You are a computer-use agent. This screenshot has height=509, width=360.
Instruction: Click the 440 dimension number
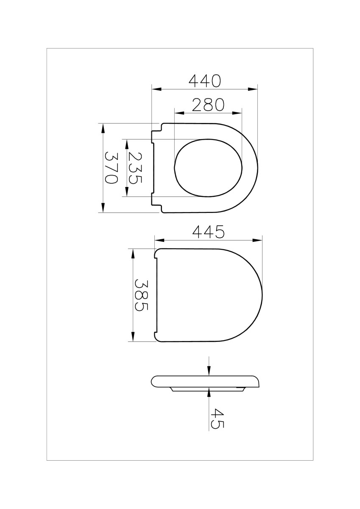[x=205, y=81]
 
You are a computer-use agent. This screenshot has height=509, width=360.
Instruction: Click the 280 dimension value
[x=208, y=105]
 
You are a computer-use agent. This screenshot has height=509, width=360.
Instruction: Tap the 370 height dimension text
[x=112, y=168]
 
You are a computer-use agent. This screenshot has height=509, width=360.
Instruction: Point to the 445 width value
[x=208, y=232]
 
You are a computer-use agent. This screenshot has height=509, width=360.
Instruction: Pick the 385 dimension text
[x=142, y=295]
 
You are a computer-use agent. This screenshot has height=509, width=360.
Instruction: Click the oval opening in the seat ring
[x=209, y=168]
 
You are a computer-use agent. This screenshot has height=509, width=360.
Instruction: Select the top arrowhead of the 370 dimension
[x=103, y=128]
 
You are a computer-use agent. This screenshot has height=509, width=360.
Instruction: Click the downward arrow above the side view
[x=209, y=371]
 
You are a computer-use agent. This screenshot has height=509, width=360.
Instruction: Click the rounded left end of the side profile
[x=153, y=381]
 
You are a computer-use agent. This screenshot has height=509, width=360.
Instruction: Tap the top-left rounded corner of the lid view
[x=156, y=252]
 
